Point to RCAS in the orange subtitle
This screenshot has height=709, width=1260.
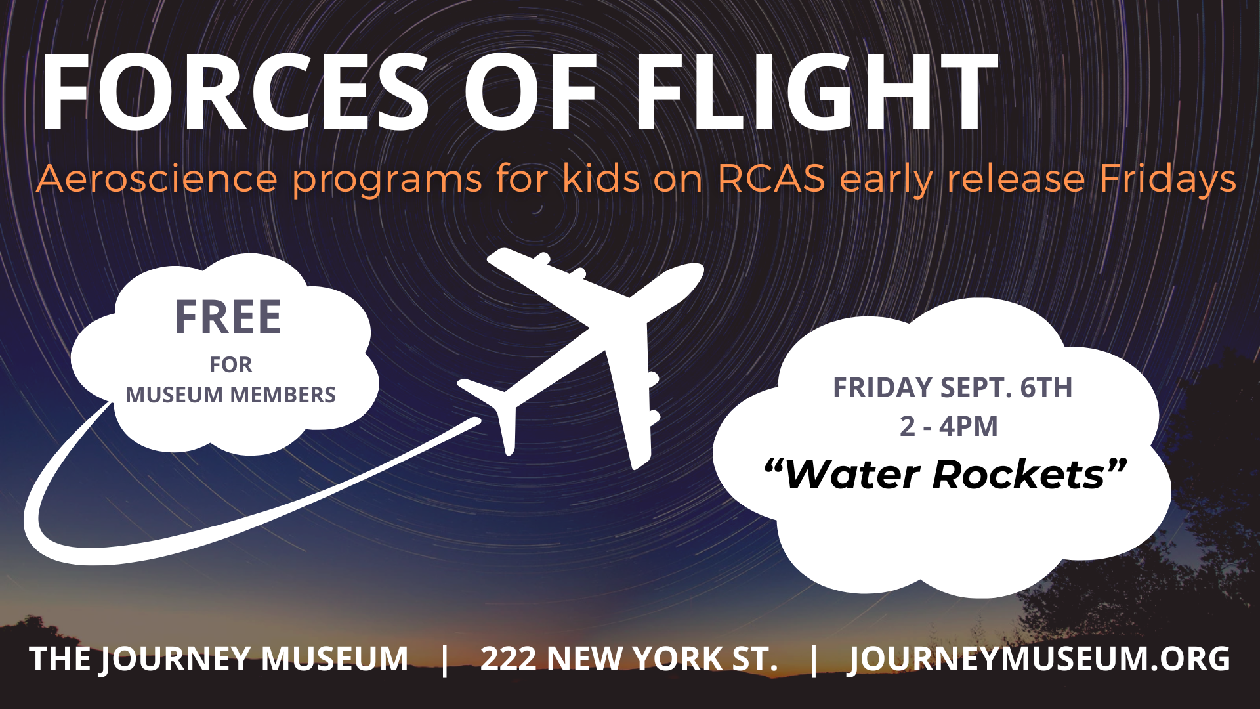click(x=771, y=179)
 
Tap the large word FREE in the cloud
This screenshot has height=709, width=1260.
click(x=228, y=318)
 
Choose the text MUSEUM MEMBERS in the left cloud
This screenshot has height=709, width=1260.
click(x=230, y=395)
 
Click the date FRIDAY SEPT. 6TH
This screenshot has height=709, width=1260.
click(x=952, y=387)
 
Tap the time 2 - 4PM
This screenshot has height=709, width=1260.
click(x=949, y=427)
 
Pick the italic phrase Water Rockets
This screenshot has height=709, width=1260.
click(x=946, y=474)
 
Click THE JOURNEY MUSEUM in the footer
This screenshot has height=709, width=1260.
click(x=219, y=659)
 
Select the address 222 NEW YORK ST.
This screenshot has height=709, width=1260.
click(x=629, y=659)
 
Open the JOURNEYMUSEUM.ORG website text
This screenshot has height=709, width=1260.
click(x=1039, y=659)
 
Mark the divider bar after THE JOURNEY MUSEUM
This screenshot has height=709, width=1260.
click(x=446, y=659)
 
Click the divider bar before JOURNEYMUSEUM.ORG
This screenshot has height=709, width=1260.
click(x=814, y=659)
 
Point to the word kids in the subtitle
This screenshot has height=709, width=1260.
click(x=601, y=179)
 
